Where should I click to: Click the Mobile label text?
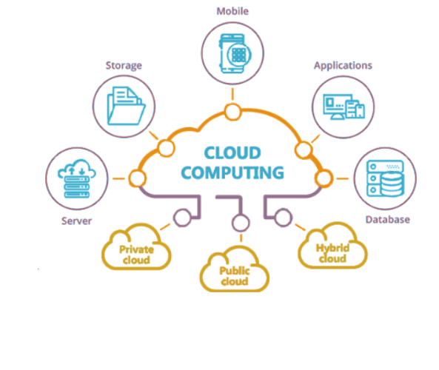232,11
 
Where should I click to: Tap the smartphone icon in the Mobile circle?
235,53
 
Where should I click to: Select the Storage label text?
124,66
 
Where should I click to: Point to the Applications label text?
343,66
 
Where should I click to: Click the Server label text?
76,221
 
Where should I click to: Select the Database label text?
387,220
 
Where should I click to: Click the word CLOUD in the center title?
232,153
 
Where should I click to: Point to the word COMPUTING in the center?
232,172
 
